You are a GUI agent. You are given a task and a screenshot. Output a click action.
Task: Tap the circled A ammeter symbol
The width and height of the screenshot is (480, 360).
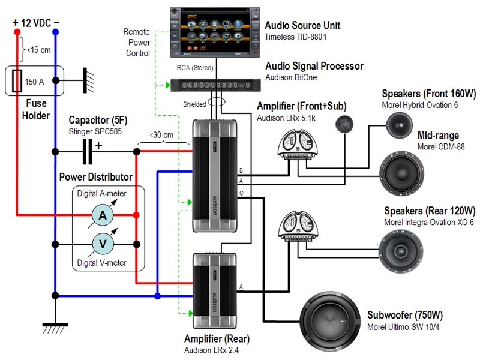tap(103, 215)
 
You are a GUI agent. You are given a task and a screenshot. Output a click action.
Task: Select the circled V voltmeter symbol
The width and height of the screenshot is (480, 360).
tap(103, 244)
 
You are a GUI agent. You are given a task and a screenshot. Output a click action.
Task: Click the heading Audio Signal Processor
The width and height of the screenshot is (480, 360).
tap(314, 66)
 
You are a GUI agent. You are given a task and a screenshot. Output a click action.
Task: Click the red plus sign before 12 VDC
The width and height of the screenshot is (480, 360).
tap(15, 23)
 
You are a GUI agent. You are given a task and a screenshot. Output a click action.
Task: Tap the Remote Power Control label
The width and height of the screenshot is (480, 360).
tap(137, 42)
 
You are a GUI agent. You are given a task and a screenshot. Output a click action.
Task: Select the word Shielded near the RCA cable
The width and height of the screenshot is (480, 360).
tap(195, 104)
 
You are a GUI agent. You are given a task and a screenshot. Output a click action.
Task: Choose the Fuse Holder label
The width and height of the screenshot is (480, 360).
tap(36, 109)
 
